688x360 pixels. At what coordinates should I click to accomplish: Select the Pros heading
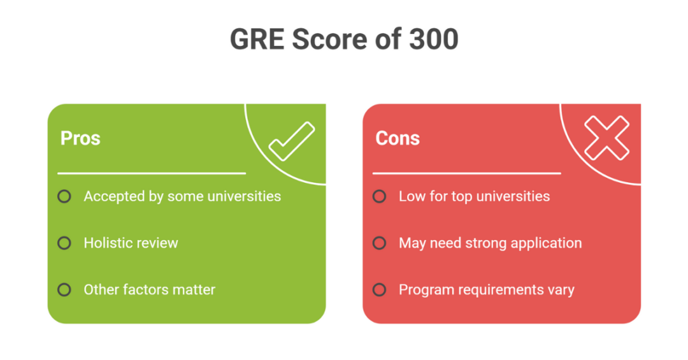pyautogui.click(x=80, y=138)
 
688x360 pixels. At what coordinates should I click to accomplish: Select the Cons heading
pyautogui.click(x=398, y=138)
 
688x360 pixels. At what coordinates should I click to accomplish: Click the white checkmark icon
pyautogui.click(x=291, y=141)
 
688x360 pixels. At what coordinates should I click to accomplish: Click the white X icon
pyautogui.click(x=606, y=138)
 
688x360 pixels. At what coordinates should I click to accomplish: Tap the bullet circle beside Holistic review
pyautogui.click(x=64, y=243)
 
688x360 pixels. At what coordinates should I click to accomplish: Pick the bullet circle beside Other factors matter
pyautogui.click(x=64, y=290)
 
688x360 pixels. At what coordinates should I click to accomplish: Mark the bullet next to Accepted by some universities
pyautogui.click(x=64, y=196)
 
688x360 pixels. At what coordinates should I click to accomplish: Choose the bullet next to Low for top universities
pyautogui.click(x=380, y=196)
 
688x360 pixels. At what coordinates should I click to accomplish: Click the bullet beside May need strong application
pyautogui.click(x=380, y=243)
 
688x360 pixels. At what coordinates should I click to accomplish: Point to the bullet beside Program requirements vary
pyautogui.click(x=380, y=290)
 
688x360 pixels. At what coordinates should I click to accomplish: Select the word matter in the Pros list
pyautogui.click(x=195, y=290)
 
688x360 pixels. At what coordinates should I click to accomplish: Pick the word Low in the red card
pyautogui.click(x=410, y=196)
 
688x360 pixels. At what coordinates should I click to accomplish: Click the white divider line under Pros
pyautogui.click(x=152, y=173)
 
